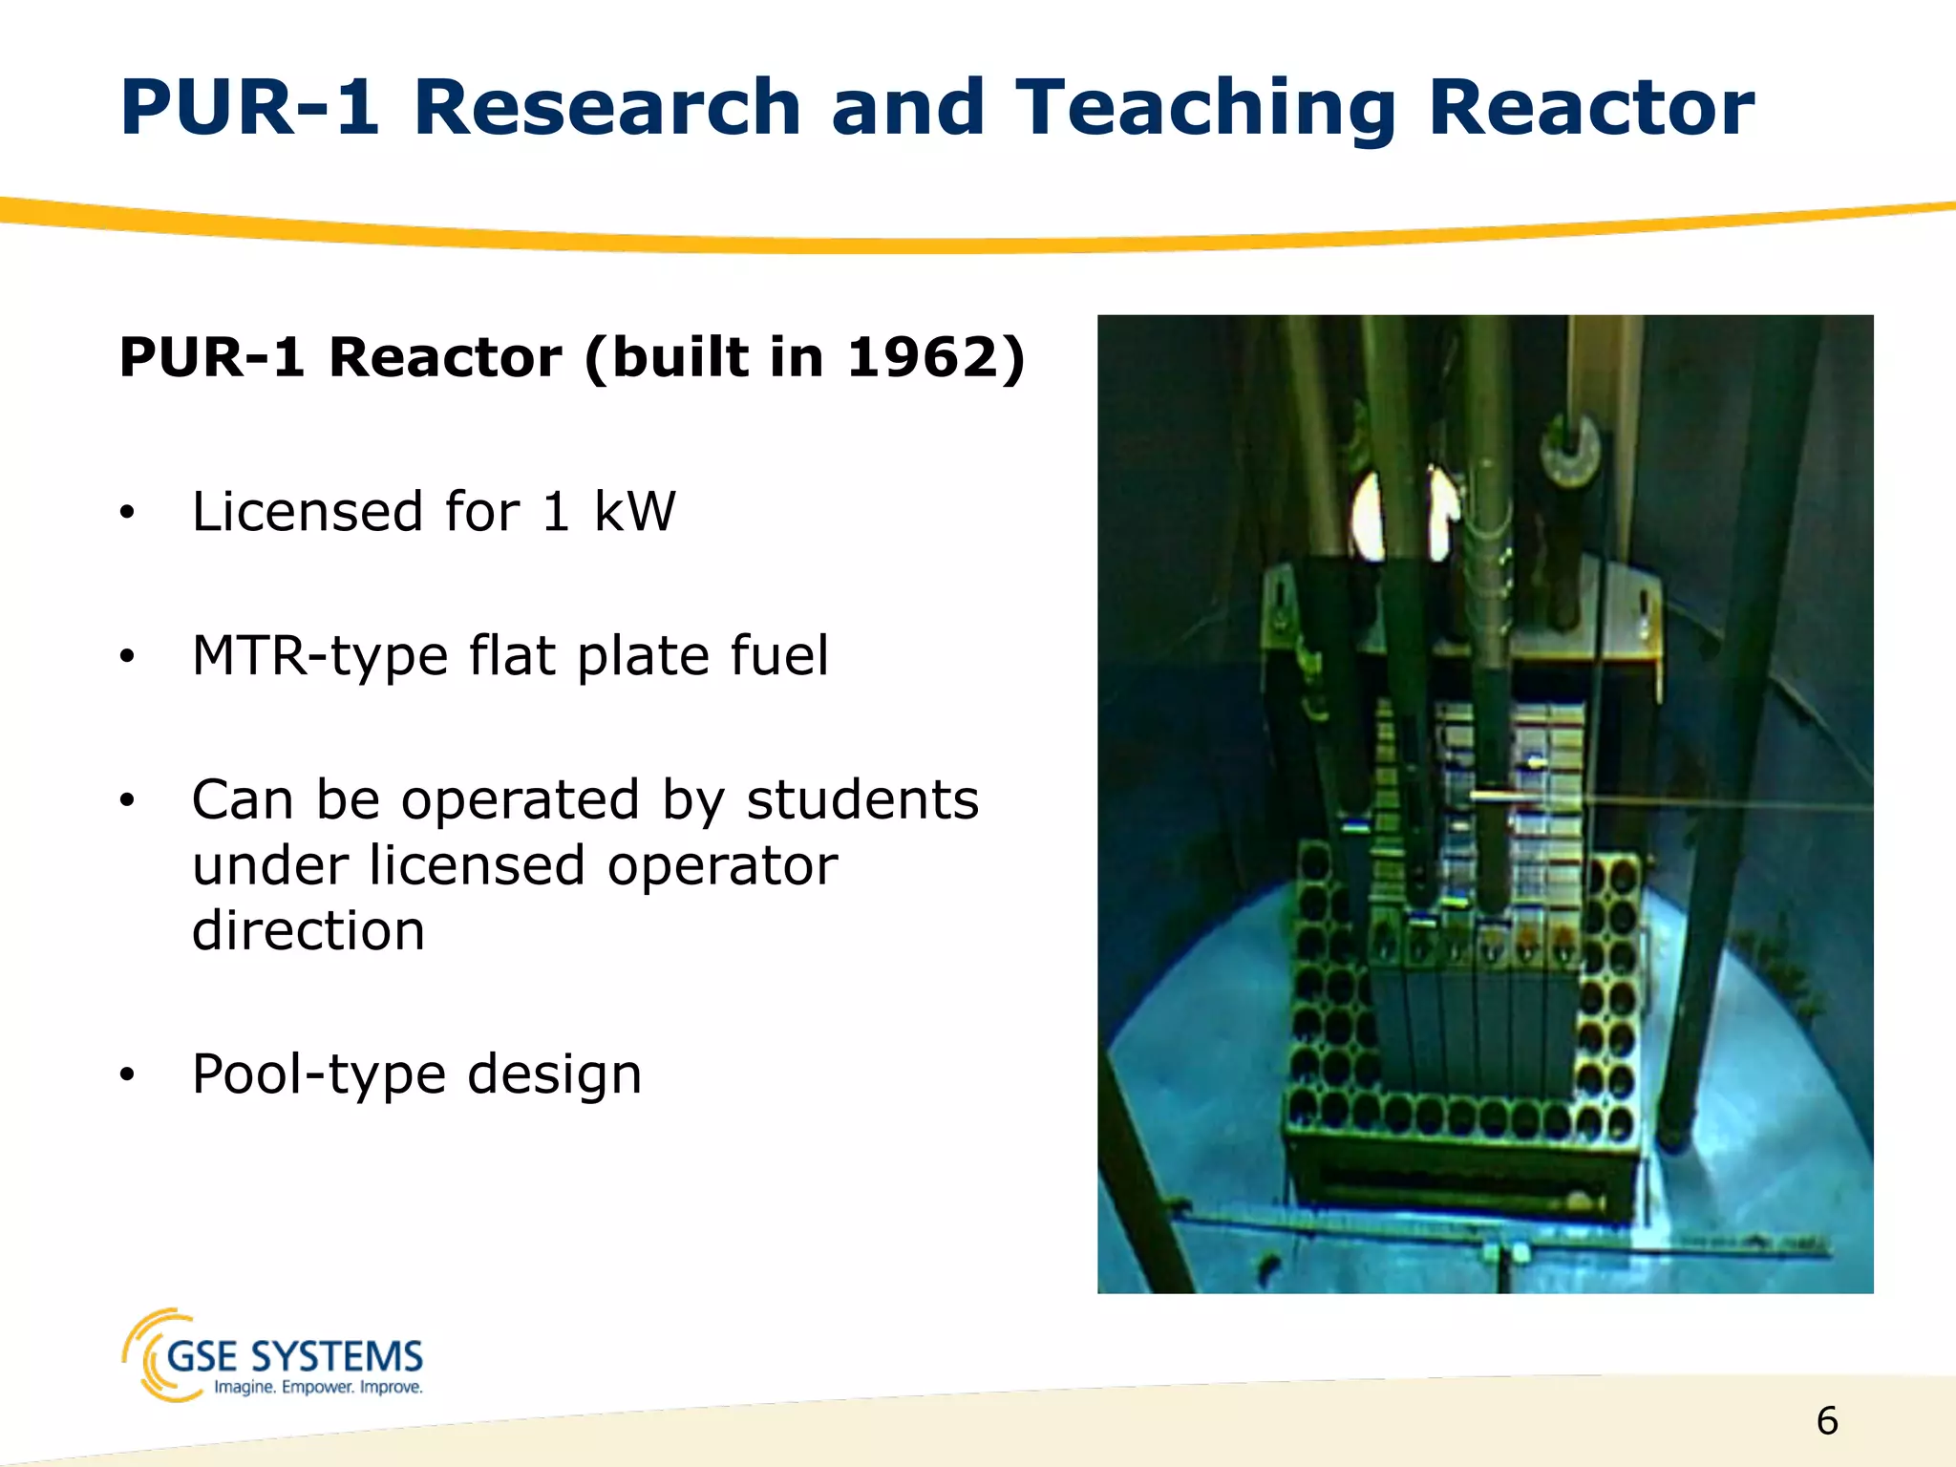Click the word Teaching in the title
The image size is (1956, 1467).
point(1205,107)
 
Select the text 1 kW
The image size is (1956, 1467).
point(608,512)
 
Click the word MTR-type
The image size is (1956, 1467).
point(320,657)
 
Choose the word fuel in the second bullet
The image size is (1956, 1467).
point(779,655)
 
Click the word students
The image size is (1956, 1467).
point(861,799)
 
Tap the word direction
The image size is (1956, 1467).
point(308,930)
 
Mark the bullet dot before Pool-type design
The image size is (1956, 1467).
point(128,1076)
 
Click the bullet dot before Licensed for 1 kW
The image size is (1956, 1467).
point(128,514)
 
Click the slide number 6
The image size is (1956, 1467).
point(1826,1421)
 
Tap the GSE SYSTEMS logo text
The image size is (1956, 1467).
point(294,1356)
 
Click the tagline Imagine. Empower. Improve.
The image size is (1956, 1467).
point(318,1387)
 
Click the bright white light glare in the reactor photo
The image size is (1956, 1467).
point(1369,516)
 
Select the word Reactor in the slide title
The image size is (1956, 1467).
point(1590,107)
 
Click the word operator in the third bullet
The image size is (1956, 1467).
point(722,865)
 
